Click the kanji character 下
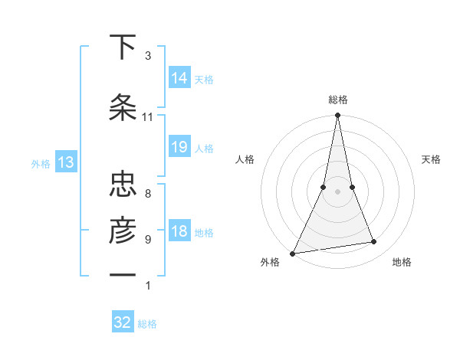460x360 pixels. [123, 47]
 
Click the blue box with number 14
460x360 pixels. [179, 77]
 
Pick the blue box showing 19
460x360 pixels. [179, 147]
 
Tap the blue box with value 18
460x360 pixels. [179, 231]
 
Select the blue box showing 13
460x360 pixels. [65, 162]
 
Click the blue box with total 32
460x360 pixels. [123, 322]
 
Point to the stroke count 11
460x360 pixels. [148, 117]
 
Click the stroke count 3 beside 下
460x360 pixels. [148, 56]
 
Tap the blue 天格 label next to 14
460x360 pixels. [204, 79]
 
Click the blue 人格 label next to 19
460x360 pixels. [204, 149]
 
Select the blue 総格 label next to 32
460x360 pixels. [147, 324]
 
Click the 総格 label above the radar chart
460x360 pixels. [338, 100]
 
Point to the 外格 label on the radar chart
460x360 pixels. [270, 262]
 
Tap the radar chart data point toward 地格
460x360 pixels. [374, 242]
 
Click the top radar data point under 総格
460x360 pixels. [337, 116]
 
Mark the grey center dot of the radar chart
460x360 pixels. [337, 191]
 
